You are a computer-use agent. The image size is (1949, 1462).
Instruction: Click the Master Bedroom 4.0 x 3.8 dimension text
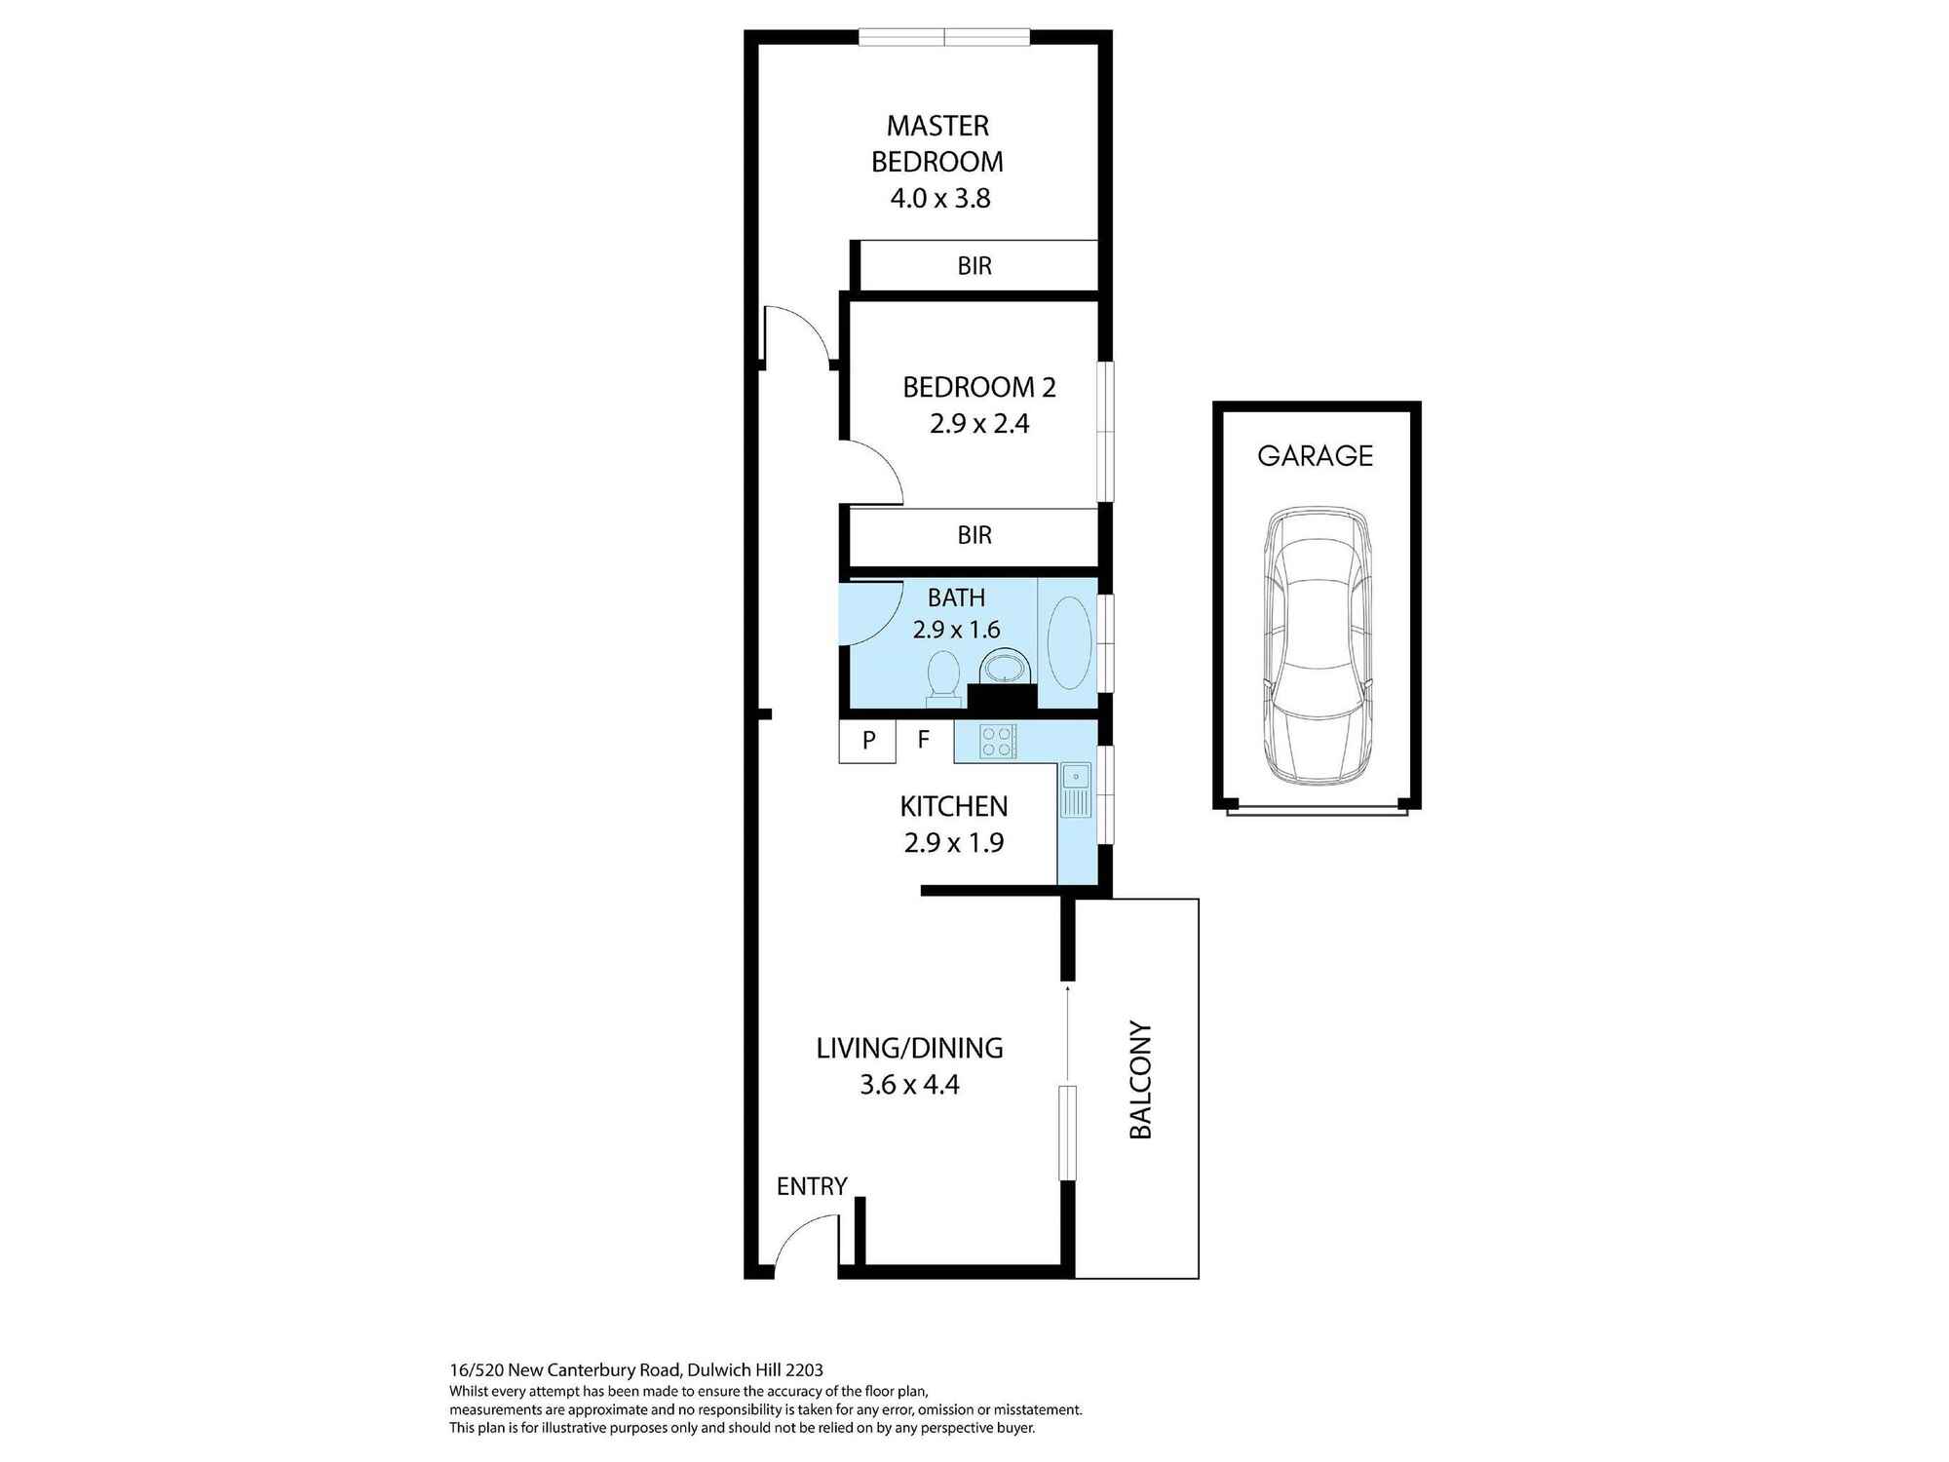(939, 199)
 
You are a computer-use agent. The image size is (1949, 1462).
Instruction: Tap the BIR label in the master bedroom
(974, 266)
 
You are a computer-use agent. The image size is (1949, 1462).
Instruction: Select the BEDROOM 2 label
(978, 387)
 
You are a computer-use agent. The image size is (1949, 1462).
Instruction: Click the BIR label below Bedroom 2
(974, 535)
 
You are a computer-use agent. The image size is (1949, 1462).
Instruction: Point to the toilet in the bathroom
(942, 675)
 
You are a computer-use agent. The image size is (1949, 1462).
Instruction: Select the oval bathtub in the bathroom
(1068, 643)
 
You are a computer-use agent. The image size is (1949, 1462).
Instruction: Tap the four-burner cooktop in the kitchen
(997, 742)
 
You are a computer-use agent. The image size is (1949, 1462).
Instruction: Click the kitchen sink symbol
(1075, 790)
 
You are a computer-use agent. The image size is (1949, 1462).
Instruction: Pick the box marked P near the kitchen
(867, 741)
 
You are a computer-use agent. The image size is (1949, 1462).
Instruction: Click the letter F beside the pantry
(924, 740)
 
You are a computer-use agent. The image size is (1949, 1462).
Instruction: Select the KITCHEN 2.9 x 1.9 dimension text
(953, 843)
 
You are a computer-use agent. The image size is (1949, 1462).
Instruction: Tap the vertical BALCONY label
(1140, 1080)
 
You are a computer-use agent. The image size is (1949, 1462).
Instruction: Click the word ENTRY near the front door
(812, 1186)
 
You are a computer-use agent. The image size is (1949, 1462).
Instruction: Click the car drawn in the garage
(1317, 645)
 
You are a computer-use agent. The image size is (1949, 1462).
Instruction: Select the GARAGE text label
(1315, 456)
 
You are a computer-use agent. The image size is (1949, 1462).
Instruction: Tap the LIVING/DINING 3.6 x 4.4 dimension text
(909, 1085)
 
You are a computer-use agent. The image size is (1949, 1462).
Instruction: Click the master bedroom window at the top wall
(943, 38)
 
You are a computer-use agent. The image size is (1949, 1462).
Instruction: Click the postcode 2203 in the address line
(804, 1369)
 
